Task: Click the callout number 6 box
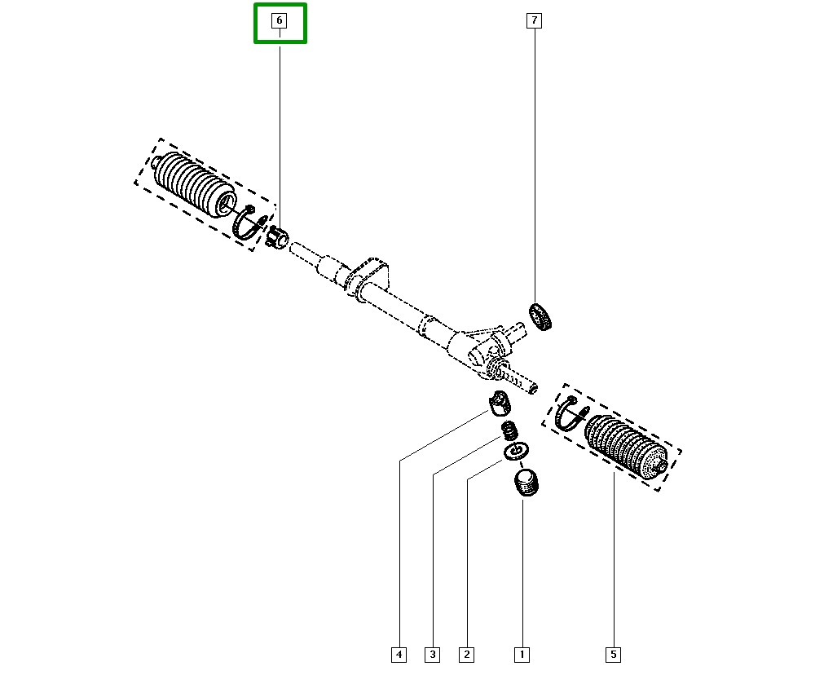pyautogui.click(x=279, y=21)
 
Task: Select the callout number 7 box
pyautogui.click(x=535, y=21)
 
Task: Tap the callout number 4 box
pyautogui.click(x=399, y=655)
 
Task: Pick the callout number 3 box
pyautogui.click(x=433, y=655)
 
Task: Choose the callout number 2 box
pyautogui.click(x=467, y=655)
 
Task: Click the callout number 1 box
pyautogui.click(x=522, y=655)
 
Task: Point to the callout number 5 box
pyautogui.click(x=614, y=655)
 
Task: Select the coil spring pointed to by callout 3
pyautogui.click(x=510, y=430)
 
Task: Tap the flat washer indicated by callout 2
pyautogui.click(x=516, y=452)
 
